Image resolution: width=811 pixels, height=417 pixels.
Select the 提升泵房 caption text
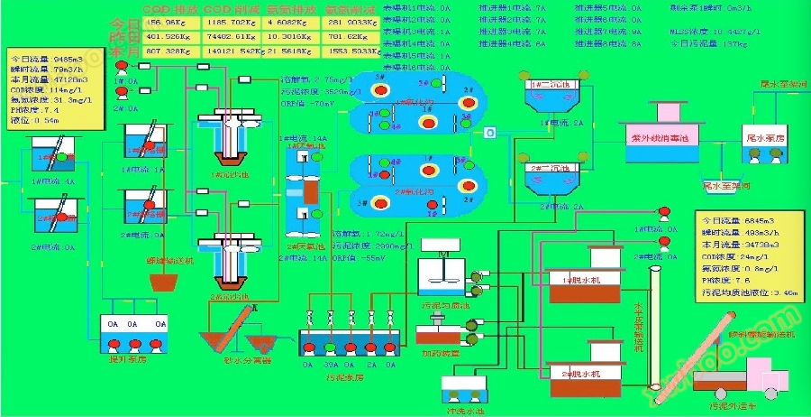coord(133,358)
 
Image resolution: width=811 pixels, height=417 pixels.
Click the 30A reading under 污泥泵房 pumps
coord(331,366)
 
